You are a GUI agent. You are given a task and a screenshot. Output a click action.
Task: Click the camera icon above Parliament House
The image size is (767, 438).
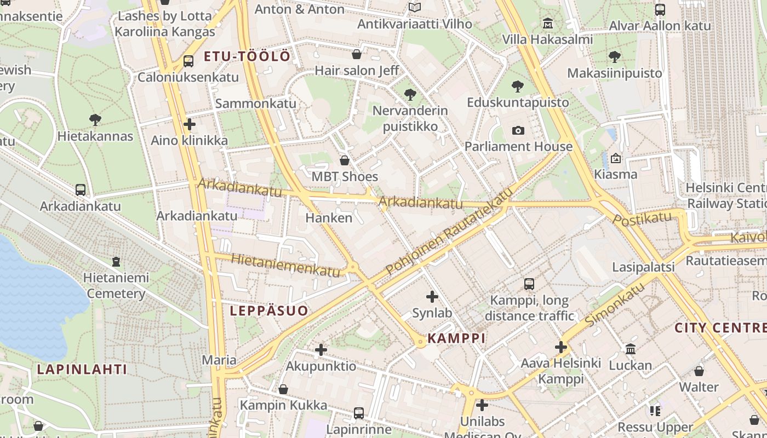coord(518,130)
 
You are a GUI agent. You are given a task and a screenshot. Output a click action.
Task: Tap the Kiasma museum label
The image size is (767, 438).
coord(616,175)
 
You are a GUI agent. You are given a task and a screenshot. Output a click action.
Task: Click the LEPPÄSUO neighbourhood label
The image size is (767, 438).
coord(268,311)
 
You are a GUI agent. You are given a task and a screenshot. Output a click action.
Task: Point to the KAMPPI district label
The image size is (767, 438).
coord(456,338)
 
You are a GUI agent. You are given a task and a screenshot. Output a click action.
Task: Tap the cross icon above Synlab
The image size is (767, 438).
coord(432,297)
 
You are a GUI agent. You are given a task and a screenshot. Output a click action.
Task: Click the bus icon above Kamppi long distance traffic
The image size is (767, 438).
coord(529,284)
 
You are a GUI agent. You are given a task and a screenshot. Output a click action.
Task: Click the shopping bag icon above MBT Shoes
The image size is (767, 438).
coord(345,160)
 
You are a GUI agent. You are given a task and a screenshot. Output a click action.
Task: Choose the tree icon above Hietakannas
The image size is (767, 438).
coord(95,120)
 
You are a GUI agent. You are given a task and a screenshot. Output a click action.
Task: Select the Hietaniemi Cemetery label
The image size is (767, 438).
coord(116,286)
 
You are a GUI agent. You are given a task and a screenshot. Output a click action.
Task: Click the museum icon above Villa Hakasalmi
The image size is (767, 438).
coord(547,24)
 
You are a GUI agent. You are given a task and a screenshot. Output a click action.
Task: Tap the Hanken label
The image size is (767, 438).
coord(329,218)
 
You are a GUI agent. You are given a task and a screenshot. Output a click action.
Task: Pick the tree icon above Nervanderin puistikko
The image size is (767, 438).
coord(410,95)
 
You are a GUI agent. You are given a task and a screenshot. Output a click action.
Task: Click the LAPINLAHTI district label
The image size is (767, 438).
coord(82,369)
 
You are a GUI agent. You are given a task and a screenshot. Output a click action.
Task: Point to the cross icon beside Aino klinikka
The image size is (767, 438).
coord(190,124)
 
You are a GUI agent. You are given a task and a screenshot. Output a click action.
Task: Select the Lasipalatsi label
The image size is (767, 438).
coord(643,267)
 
